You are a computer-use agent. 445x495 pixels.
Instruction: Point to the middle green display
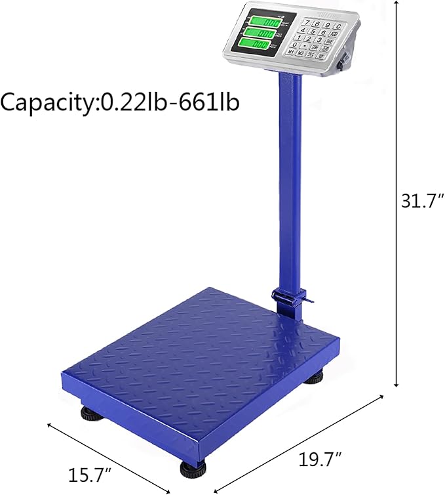click(x=260, y=33)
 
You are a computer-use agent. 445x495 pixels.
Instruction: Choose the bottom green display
click(x=258, y=45)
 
